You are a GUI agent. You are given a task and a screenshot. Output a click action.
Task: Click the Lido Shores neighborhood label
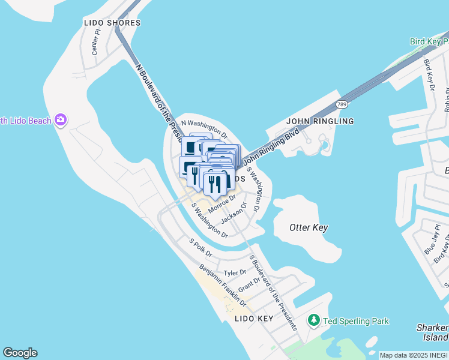click(x=112, y=23)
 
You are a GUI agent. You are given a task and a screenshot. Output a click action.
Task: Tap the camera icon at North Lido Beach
click(x=60, y=121)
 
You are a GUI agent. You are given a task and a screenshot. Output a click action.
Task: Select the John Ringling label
click(x=320, y=121)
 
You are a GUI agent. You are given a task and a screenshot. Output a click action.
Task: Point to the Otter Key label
click(x=309, y=228)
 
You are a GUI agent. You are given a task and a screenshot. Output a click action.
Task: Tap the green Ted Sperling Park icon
click(x=314, y=321)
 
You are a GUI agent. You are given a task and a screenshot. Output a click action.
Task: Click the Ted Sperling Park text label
click(x=356, y=322)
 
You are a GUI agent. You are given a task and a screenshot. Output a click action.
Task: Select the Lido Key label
click(x=254, y=319)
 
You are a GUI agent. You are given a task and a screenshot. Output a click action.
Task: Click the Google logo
click(x=20, y=353)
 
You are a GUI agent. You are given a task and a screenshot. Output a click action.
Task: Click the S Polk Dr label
click(x=200, y=248)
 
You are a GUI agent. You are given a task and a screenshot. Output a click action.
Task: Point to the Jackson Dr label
click(x=234, y=212)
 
